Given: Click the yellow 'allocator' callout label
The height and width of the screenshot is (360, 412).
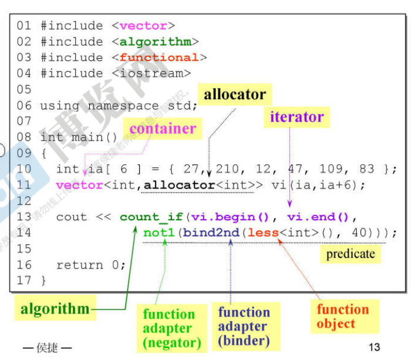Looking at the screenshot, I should pos(235,95).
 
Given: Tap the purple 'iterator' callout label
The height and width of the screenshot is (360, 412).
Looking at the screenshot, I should pos(296,117).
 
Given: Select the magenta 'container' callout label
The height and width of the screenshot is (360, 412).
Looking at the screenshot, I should pos(163,129).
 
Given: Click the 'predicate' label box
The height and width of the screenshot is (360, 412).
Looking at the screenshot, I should pos(350,254).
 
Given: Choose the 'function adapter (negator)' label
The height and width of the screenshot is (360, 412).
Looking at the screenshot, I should pos(172,328).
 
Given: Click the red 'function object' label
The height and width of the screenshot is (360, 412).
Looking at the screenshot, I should pos(343,317).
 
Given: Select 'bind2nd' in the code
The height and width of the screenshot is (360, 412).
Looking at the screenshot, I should pos(211,233).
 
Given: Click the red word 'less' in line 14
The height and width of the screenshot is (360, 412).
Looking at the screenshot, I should pos(263,233).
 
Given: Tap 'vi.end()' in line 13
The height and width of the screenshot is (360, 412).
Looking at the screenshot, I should pos(318,217).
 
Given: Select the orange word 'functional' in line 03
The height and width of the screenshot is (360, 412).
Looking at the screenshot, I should pos(159,58).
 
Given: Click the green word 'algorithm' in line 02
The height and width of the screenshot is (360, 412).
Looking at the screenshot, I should pos(155,42).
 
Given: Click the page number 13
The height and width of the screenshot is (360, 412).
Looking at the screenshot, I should pos(374,347).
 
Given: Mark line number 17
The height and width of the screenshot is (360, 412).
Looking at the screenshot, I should pos(23,281).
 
